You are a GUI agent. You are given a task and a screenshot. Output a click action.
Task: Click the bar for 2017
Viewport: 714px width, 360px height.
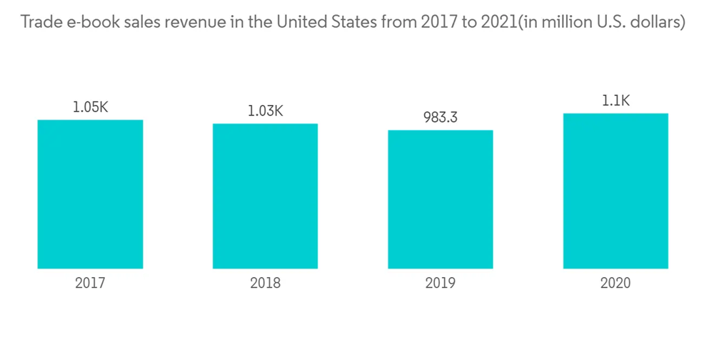click(90, 194)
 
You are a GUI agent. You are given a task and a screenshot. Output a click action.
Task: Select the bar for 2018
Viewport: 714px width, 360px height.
click(265, 196)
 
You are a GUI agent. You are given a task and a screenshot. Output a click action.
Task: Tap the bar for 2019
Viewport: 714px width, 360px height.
click(440, 199)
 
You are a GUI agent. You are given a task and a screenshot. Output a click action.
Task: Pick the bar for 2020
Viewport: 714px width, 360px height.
click(615, 191)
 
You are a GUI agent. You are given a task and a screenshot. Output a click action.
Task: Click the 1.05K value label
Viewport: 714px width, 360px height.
click(90, 107)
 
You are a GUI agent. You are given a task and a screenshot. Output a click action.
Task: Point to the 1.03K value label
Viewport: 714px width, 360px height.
click(265, 111)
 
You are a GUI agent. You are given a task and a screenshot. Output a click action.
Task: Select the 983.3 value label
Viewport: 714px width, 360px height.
click(440, 117)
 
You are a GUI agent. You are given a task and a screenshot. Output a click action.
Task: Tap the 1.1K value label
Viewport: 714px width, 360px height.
click(615, 101)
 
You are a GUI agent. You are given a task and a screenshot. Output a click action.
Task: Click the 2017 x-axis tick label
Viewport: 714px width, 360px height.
click(90, 283)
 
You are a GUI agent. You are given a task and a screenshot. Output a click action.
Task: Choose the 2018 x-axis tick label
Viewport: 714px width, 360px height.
click(265, 283)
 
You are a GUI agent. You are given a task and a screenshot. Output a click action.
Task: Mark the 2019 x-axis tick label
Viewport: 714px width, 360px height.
click(440, 283)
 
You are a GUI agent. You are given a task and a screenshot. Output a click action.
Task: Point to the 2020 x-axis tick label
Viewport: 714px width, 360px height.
click(615, 283)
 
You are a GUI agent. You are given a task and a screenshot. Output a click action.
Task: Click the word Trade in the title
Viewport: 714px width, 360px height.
click(41, 23)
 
